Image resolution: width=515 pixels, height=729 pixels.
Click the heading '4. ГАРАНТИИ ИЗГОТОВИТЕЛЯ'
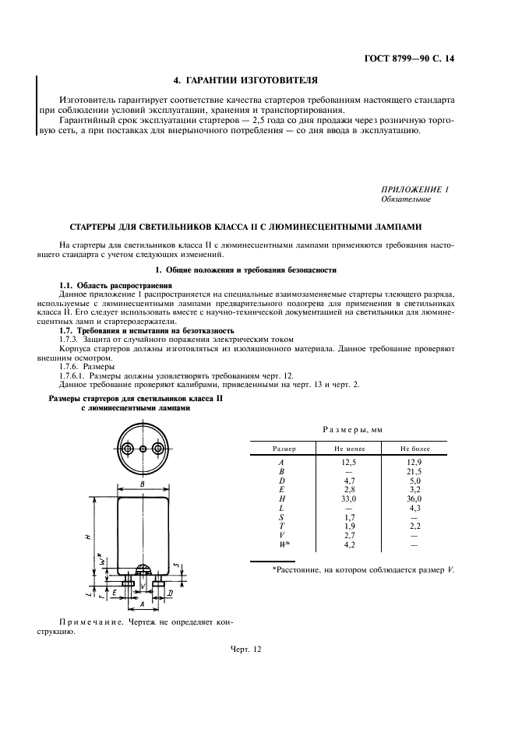pyautogui.click(x=245, y=79)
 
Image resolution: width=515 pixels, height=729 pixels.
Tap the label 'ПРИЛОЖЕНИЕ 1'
pyautogui.click(x=414, y=190)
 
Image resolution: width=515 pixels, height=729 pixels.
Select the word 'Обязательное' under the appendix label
pyautogui.click(x=405, y=200)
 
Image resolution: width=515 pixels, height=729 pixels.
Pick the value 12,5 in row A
pyautogui.click(x=349, y=463)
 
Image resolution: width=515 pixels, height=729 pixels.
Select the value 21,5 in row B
pyautogui.click(x=414, y=472)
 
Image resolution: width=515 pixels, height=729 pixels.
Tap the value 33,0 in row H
pyautogui.click(x=349, y=499)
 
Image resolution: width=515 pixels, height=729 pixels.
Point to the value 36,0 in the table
pyautogui.click(x=414, y=499)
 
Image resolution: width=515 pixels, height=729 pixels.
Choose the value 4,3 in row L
pyautogui.click(x=414, y=508)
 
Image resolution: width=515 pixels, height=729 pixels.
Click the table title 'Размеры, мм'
pyautogui.click(x=352, y=430)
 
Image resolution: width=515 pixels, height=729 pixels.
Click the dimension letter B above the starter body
pyautogui.click(x=143, y=484)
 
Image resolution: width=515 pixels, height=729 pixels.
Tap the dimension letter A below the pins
pyautogui.click(x=142, y=604)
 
